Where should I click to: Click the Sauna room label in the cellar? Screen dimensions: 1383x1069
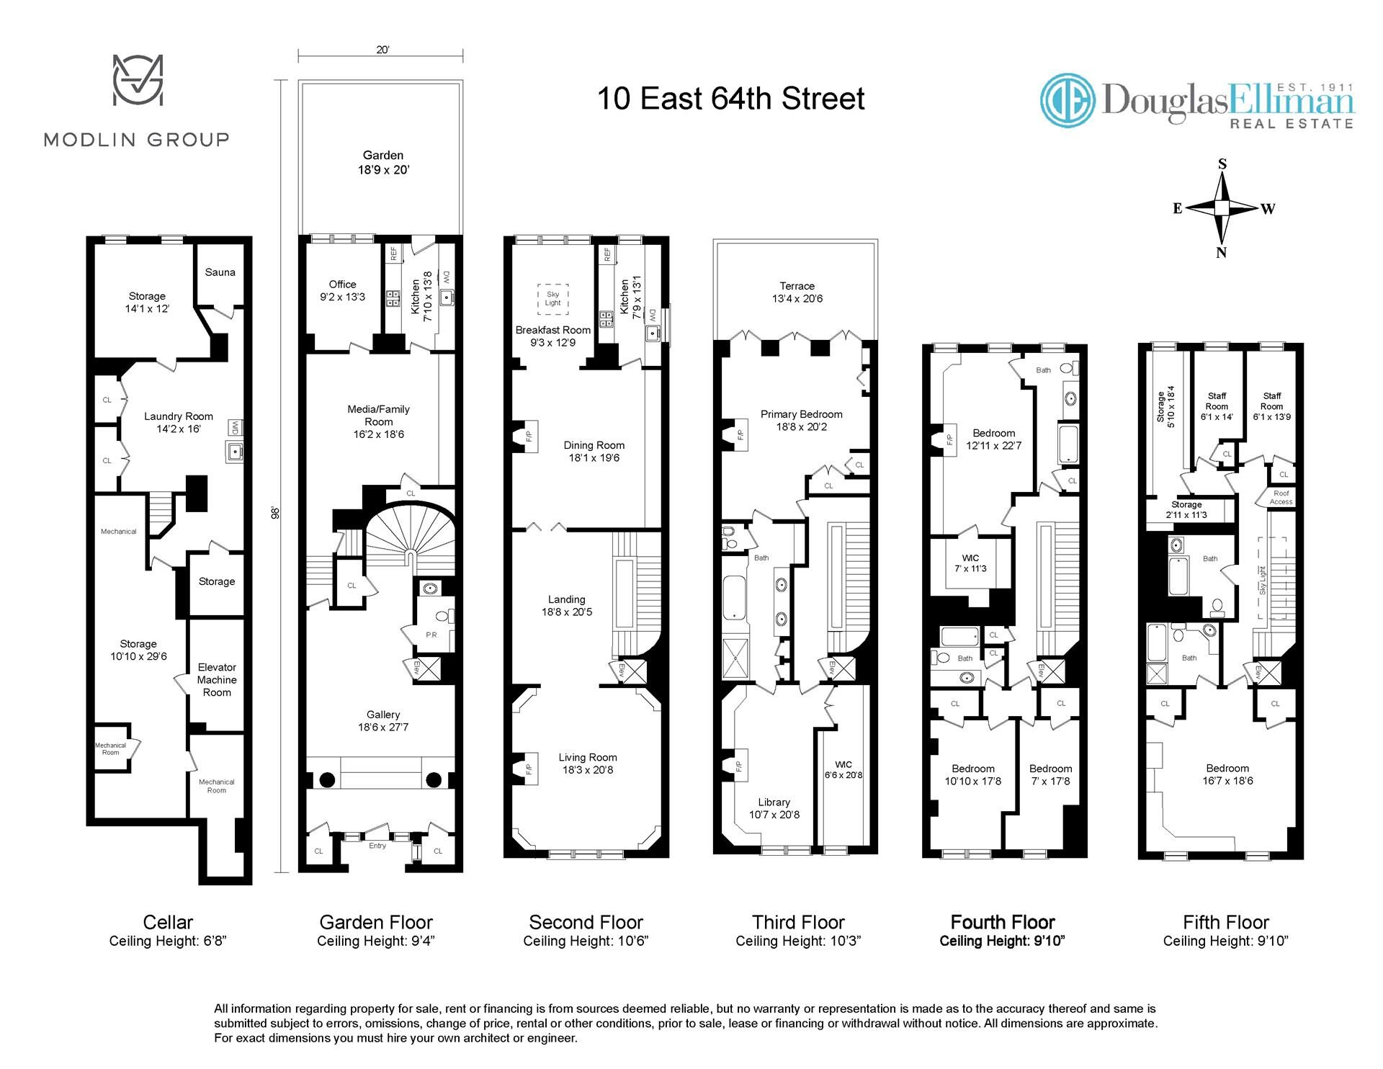(220, 272)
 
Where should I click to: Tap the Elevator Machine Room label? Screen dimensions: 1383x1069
(217, 680)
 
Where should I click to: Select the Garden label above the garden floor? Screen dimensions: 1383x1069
(383, 163)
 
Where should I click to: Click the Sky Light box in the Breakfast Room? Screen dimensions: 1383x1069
(552, 299)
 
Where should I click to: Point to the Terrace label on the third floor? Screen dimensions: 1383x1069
(797, 292)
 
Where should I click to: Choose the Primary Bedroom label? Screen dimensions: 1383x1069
(802, 421)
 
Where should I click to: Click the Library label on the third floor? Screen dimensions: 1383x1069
(774, 808)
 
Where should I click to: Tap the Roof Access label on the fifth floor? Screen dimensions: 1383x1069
(1281, 498)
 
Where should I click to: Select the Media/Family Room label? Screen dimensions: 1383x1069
(378, 421)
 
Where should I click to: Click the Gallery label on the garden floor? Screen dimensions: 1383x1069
(383, 721)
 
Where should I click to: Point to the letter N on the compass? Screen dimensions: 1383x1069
(1221, 253)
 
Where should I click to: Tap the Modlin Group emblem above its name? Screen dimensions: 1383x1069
(138, 79)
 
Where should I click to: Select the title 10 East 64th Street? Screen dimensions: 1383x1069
(731, 99)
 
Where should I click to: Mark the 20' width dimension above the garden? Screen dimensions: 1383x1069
(382, 50)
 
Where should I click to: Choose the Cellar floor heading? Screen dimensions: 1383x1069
(168, 922)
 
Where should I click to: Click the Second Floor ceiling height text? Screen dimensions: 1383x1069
(586, 941)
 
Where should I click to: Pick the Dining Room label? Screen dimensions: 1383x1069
(594, 452)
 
